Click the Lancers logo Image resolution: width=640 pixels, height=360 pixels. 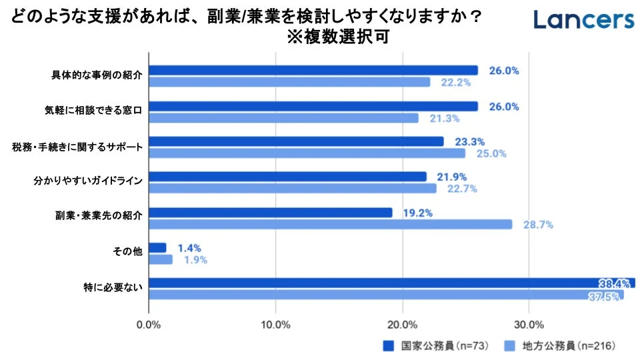click(583, 19)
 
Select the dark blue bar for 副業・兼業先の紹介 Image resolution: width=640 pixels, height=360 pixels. click(270, 213)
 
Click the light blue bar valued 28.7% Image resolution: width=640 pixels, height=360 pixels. click(330, 225)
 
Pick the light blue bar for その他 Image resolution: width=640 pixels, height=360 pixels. click(160, 260)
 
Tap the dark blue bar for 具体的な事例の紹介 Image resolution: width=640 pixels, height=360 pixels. click(313, 71)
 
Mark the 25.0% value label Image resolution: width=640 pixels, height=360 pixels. click(491, 154)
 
